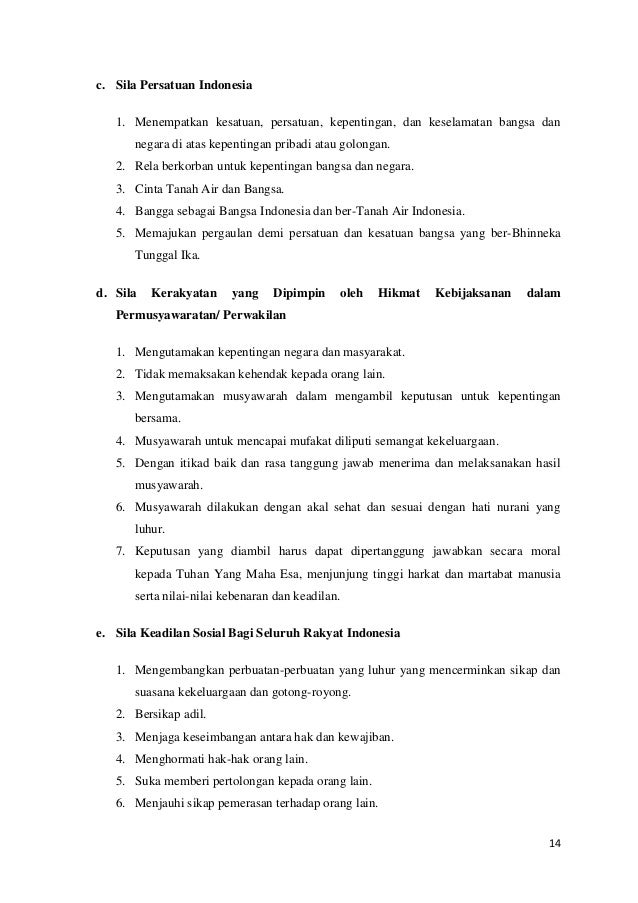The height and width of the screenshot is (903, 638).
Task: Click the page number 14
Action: (x=555, y=842)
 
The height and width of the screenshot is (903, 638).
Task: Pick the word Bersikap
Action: (x=155, y=715)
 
